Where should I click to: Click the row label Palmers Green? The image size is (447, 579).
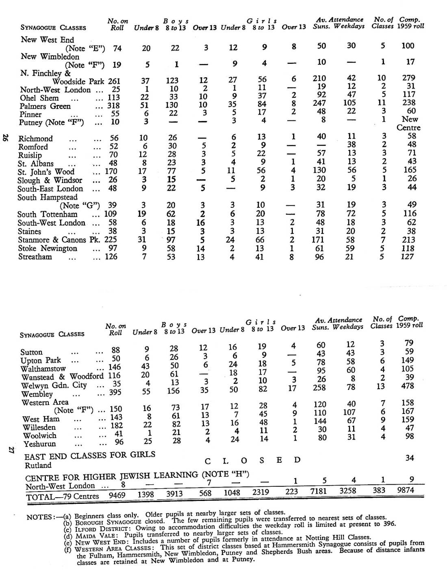[45, 106]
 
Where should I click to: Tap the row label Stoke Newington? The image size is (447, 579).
[47, 248]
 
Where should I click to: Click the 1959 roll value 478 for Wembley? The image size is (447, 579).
[407, 386]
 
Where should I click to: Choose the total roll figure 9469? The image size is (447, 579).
[117, 495]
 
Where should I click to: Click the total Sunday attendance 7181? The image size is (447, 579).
[319, 492]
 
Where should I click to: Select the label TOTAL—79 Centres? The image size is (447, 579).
[63, 496]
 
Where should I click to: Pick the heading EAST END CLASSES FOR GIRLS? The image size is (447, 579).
[90, 455]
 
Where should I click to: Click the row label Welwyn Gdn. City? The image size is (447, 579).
[54, 385]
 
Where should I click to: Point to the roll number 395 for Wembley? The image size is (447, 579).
[116, 392]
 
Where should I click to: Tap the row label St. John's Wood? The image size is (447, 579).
[46, 172]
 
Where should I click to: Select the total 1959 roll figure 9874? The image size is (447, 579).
[406, 490]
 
